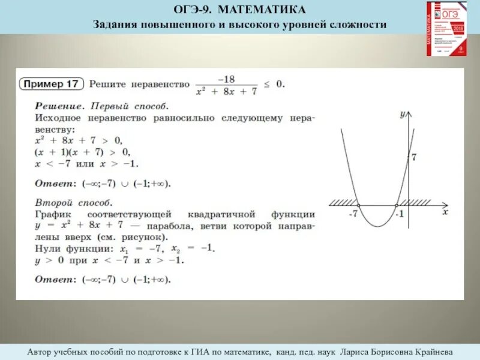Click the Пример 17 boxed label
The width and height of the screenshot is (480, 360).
click(x=52, y=84)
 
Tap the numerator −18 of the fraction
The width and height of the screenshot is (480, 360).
click(x=227, y=79)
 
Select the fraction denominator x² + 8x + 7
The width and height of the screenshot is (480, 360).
click(x=227, y=91)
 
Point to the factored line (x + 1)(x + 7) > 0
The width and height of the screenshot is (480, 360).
click(x=81, y=152)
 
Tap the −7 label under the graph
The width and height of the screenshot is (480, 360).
click(x=353, y=214)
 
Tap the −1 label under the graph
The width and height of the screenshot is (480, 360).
click(x=400, y=214)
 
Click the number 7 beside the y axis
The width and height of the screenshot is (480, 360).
click(x=414, y=157)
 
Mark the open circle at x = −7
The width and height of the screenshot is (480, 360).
click(x=358, y=205)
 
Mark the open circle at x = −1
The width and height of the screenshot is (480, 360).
click(x=397, y=205)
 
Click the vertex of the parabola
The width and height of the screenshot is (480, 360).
click(x=377, y=226)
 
